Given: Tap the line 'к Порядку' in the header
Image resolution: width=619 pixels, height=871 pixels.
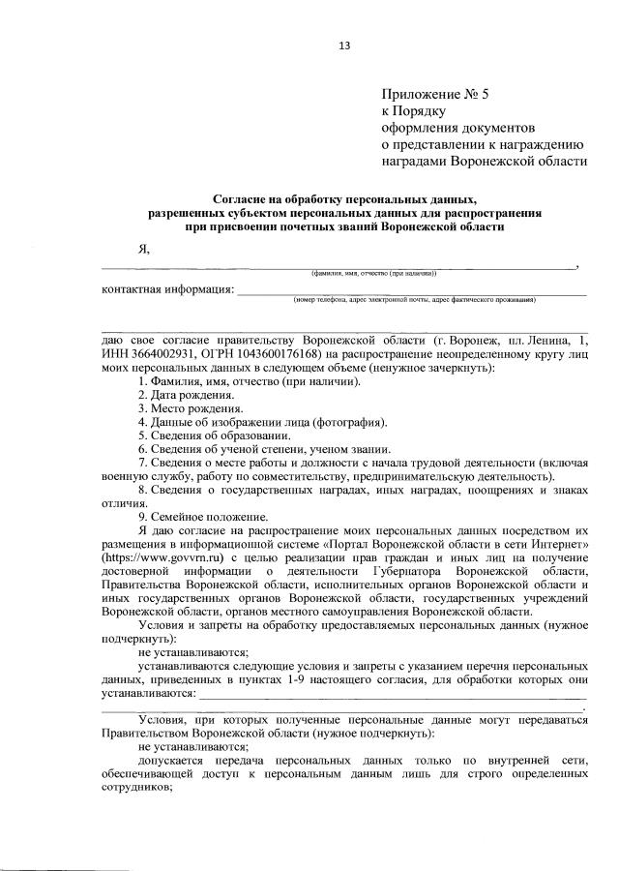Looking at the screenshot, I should [x=414, y=111].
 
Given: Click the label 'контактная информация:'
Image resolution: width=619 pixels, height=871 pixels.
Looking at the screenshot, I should [x=168, y=289].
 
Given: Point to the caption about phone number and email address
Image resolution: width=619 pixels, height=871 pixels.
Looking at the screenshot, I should [x=415, y=300].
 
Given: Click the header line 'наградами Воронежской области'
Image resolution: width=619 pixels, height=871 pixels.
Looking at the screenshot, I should [x=484, y=161].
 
